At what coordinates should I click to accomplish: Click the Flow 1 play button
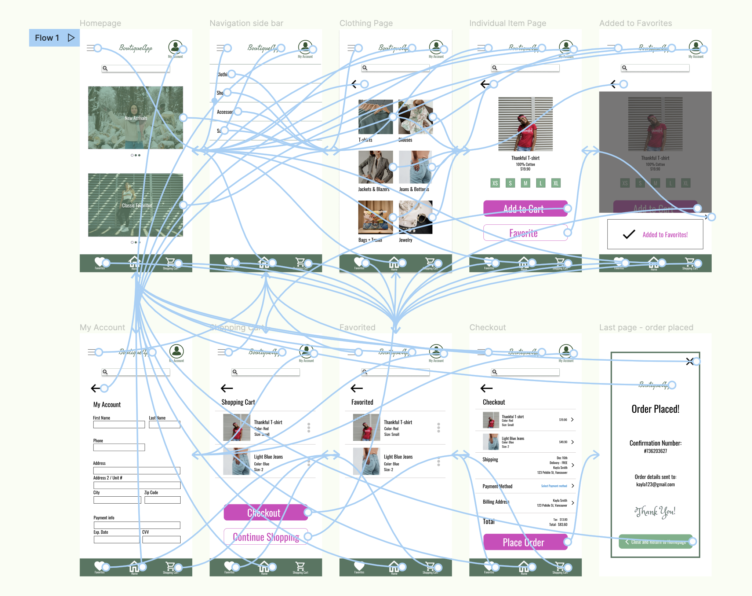pos(71,38)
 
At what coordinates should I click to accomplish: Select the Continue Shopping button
pos(266,537)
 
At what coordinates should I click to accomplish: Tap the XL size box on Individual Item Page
pos(556,183)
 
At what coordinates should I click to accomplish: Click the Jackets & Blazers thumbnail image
pos(375,167)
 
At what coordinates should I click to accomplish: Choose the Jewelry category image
pos(415,217)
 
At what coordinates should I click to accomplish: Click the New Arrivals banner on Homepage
pos(135,118)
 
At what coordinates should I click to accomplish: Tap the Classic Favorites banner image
pos(135,205)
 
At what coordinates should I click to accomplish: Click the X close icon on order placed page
pos(690,362)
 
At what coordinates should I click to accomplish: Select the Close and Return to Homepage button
pos(655,542)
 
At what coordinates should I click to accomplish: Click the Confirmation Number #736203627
pos(655,451)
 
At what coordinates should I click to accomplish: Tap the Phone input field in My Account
pos(119,448)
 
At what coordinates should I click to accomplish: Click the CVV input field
pos(161,540)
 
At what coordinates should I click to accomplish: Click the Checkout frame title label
pos(487,327)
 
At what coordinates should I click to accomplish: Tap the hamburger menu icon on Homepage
pos(91,48)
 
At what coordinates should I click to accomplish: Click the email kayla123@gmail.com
pos(655,485)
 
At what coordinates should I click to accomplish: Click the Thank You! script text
pos(655,512)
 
